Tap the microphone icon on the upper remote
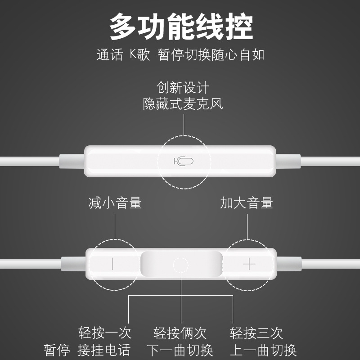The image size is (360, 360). [x=183, y=161]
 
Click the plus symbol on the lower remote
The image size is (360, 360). [x=249, y=264]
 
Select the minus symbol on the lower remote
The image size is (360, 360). [x=112, y=264]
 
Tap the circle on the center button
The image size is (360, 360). [x=180, y=264]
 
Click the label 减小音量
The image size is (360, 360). [x=115, y=203]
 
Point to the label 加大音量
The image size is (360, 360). [x=247, y=203]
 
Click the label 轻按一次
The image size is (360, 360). [x=104, y=333]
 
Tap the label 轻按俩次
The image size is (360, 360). [x=180, y=333]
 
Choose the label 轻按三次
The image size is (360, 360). [x=256, y=333]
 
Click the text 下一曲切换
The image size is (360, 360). [x=180, y=350]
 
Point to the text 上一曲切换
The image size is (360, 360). [x=263, y=350]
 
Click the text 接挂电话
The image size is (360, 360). [x=104, y=350]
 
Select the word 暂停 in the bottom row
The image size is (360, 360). [x=57, y=350]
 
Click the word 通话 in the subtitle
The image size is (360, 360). [x=109, y=55]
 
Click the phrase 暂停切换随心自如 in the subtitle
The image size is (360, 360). [x=211, y=55]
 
